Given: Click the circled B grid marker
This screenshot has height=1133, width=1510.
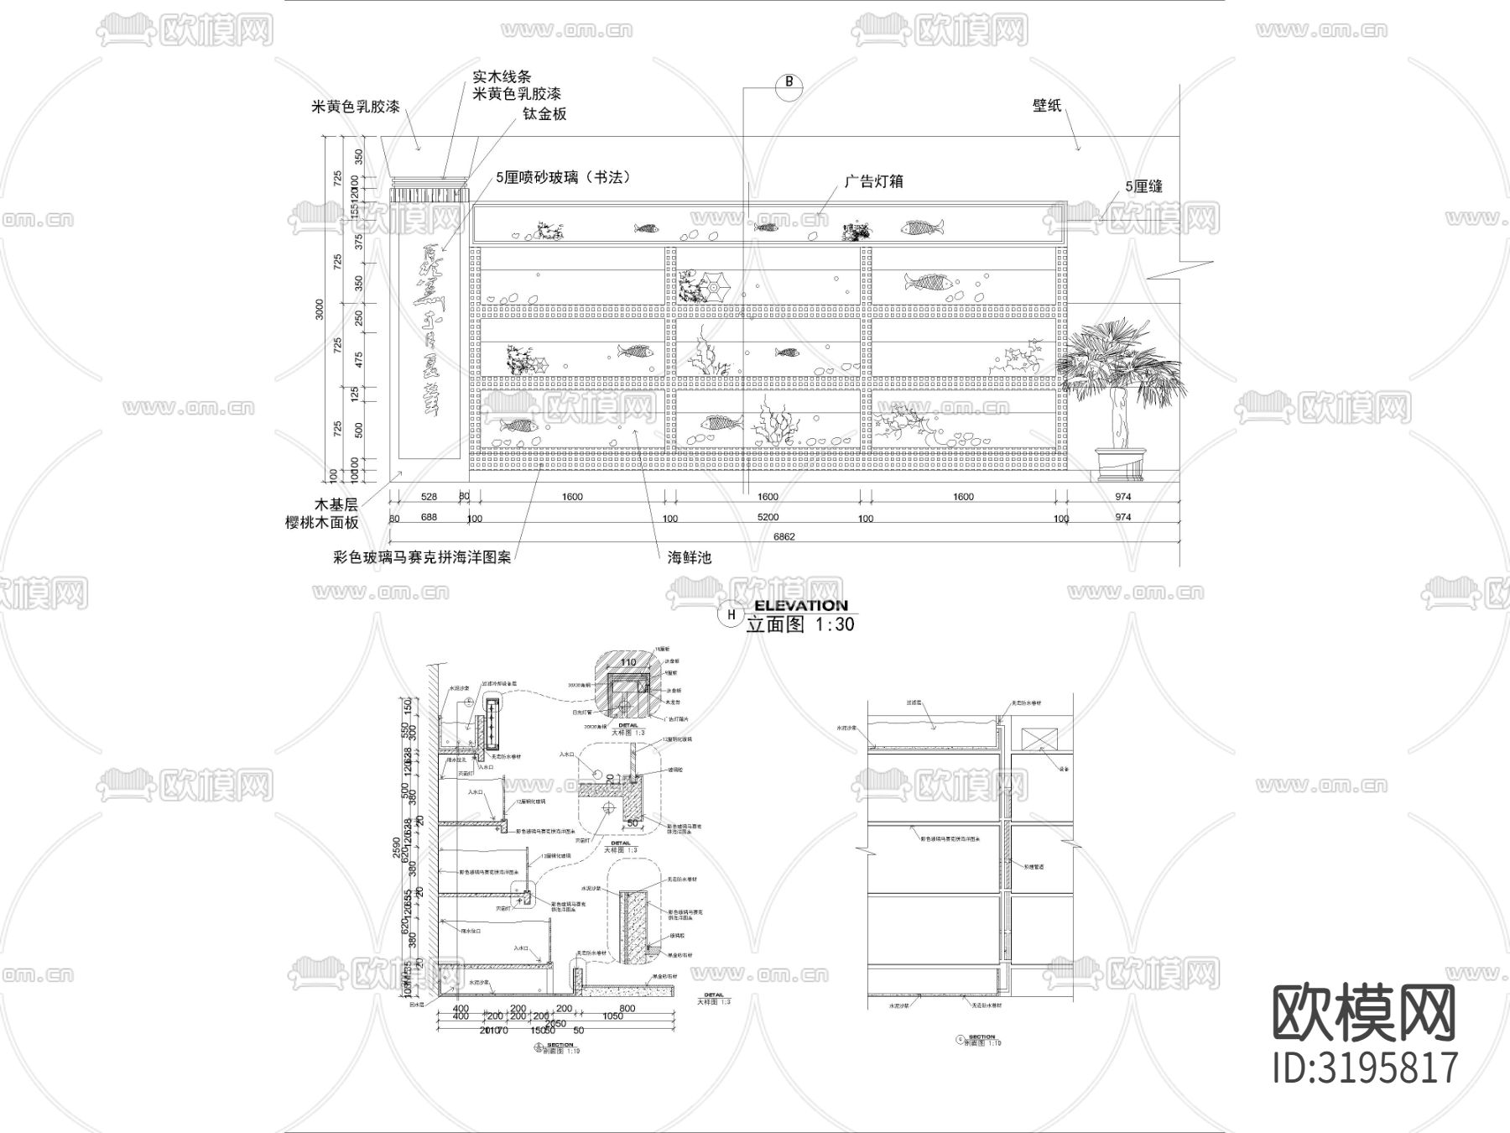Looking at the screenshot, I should click(x=789, y=82).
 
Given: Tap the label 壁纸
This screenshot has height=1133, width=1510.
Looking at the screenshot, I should click(x=1047, y=106).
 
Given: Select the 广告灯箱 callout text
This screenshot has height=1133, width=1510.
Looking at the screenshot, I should click(x=873, y=181).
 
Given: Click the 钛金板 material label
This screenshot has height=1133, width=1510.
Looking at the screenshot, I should click(x=544, y=114).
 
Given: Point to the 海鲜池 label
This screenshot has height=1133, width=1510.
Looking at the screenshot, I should click(x=690, y=556).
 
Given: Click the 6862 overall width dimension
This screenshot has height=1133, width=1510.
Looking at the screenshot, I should click(x=784, y=536).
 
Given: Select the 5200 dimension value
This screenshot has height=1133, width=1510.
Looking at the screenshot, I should click(x=768, y=518).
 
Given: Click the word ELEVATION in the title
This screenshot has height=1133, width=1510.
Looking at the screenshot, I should click(x=801, y=605).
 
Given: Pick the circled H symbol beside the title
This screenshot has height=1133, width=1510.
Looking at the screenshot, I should click(x=732, y=615).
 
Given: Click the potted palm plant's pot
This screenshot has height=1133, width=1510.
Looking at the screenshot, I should click(x=1120, y=464).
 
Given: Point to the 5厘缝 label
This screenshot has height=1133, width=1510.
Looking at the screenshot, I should click(x=1143, y=187).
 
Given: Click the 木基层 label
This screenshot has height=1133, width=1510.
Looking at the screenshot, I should click(x=336, y=504).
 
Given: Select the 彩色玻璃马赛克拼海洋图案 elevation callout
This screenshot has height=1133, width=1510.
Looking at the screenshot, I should click(x=422, y=556).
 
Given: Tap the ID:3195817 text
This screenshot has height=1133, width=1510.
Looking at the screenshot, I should click(x=1366, y=1068).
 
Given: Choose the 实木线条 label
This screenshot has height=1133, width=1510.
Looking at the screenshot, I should click(x=502, y=77).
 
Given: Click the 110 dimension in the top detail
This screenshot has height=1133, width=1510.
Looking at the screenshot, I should click(x=627, y=663).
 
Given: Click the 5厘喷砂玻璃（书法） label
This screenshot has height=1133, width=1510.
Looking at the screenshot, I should click(x=563, y=177).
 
